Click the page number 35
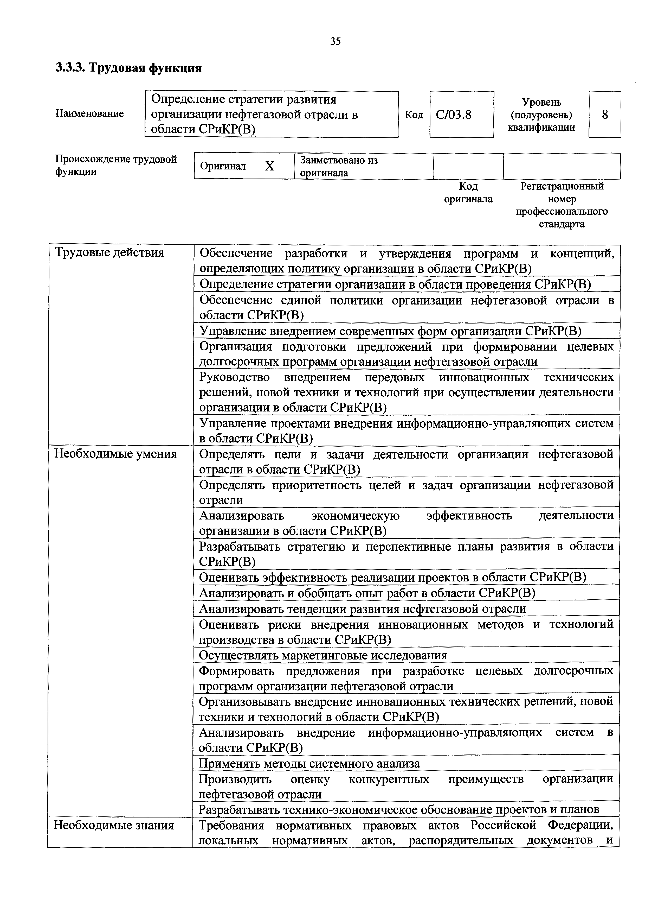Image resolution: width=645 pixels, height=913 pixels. pos(335,41)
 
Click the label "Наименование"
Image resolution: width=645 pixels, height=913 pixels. pos(89,114)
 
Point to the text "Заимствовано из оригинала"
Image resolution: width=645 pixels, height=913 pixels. pos(339,166)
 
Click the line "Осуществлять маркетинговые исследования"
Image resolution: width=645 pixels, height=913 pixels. pos(323,655)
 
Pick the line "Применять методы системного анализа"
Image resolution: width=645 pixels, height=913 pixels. pos(309,764)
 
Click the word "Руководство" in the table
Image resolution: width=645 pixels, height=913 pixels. pos(235,377)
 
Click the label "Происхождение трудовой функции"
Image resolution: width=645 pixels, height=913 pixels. pos(116,166)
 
